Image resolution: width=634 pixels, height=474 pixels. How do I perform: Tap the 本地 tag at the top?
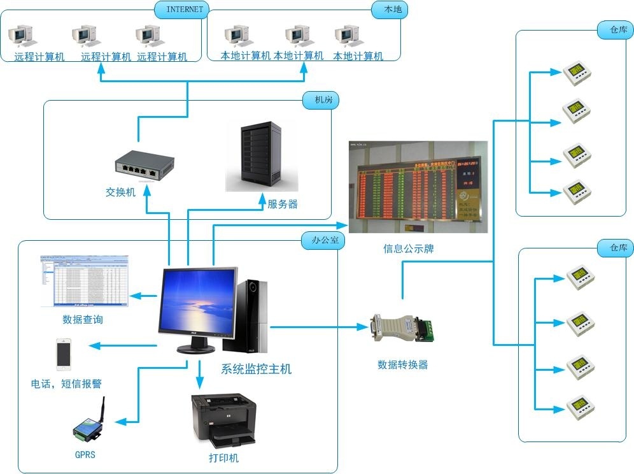[x=388, y=10]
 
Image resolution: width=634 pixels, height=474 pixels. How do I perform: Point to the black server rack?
[x=261, y=155]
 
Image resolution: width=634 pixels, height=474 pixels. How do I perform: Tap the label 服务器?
[x=283, y=205]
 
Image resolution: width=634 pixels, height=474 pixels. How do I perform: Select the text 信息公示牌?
[x=408, y=249]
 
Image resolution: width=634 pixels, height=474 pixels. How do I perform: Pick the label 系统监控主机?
[x=256, y=369]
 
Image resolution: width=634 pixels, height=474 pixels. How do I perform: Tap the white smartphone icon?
[x=64, y=354]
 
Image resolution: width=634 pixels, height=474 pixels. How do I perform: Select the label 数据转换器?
[x=402, y=365]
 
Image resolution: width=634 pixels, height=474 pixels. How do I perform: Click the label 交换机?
[x=120, y=192]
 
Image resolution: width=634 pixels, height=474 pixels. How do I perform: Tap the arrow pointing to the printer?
[x=199, y=376]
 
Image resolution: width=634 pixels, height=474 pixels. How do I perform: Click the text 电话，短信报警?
[x=66, y=384]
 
